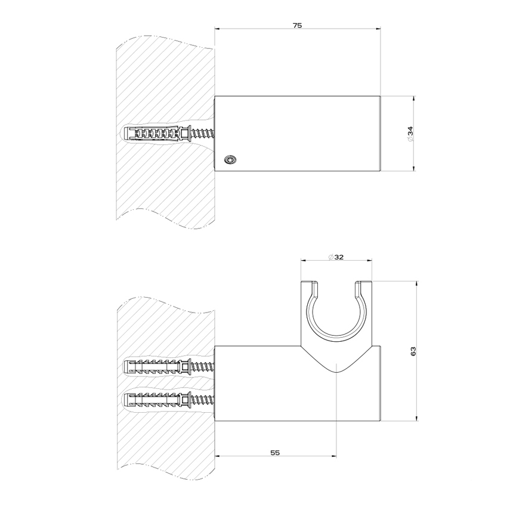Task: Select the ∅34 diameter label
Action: tap(411, 134)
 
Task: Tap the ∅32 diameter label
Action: tap(336, 257)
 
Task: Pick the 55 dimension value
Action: tap(275, 453)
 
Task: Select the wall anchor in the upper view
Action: tap(155, 134)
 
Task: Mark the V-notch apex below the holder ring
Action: tap(338, 372)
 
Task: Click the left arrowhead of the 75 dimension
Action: tap(217, 28)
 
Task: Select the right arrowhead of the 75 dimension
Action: tap(378, 28)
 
